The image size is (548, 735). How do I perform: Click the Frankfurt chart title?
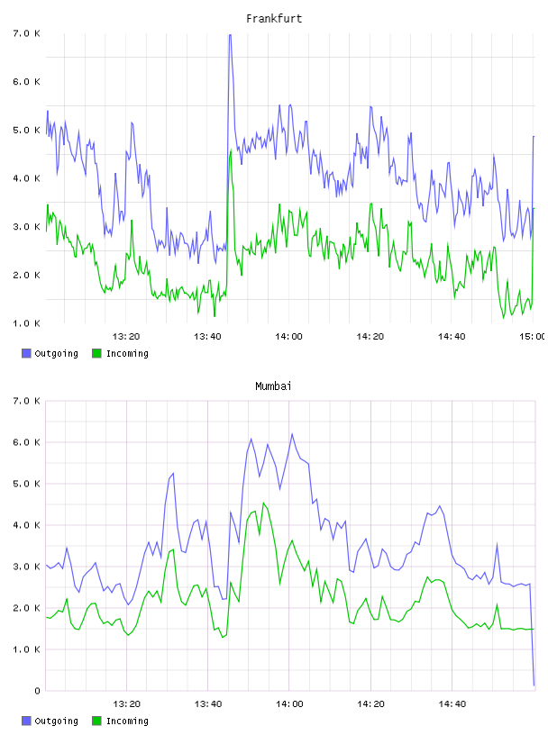[x=274, y=19]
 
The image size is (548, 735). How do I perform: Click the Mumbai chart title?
[x=273, y=386]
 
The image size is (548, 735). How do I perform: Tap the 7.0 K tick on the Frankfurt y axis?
[x=26, y=33]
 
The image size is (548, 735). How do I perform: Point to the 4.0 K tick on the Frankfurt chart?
[x=26, y=178]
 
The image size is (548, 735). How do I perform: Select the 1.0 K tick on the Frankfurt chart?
[x=26, y=323]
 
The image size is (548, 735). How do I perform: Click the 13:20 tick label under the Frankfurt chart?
[x=126, y=336]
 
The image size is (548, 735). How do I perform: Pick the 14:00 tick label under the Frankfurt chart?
[x=289, y=336]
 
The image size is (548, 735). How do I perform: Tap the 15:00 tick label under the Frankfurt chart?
[x=532, y=336]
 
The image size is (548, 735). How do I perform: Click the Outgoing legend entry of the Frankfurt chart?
[x=50, y=353]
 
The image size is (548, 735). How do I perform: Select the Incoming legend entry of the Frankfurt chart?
[x=121, y=353]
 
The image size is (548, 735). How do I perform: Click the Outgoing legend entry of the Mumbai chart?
[x=50, y=721]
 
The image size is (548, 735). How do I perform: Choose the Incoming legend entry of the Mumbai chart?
[x=121, y=721]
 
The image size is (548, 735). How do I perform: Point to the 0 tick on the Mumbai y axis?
[x=37, y=691]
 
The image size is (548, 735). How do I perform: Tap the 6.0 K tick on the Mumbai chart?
[x=26, y=442]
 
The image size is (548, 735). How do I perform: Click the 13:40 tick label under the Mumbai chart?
[x=208, y=703]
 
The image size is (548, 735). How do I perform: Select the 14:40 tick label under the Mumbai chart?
[x=452, y=703]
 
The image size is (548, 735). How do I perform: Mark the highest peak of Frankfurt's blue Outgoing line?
[x=230, y=35]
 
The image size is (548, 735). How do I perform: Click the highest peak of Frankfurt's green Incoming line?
[x=231, y=151]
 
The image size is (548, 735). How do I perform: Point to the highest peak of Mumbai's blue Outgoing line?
[x=292, y=434]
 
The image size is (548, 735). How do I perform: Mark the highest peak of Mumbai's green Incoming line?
[x=264, y=503]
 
